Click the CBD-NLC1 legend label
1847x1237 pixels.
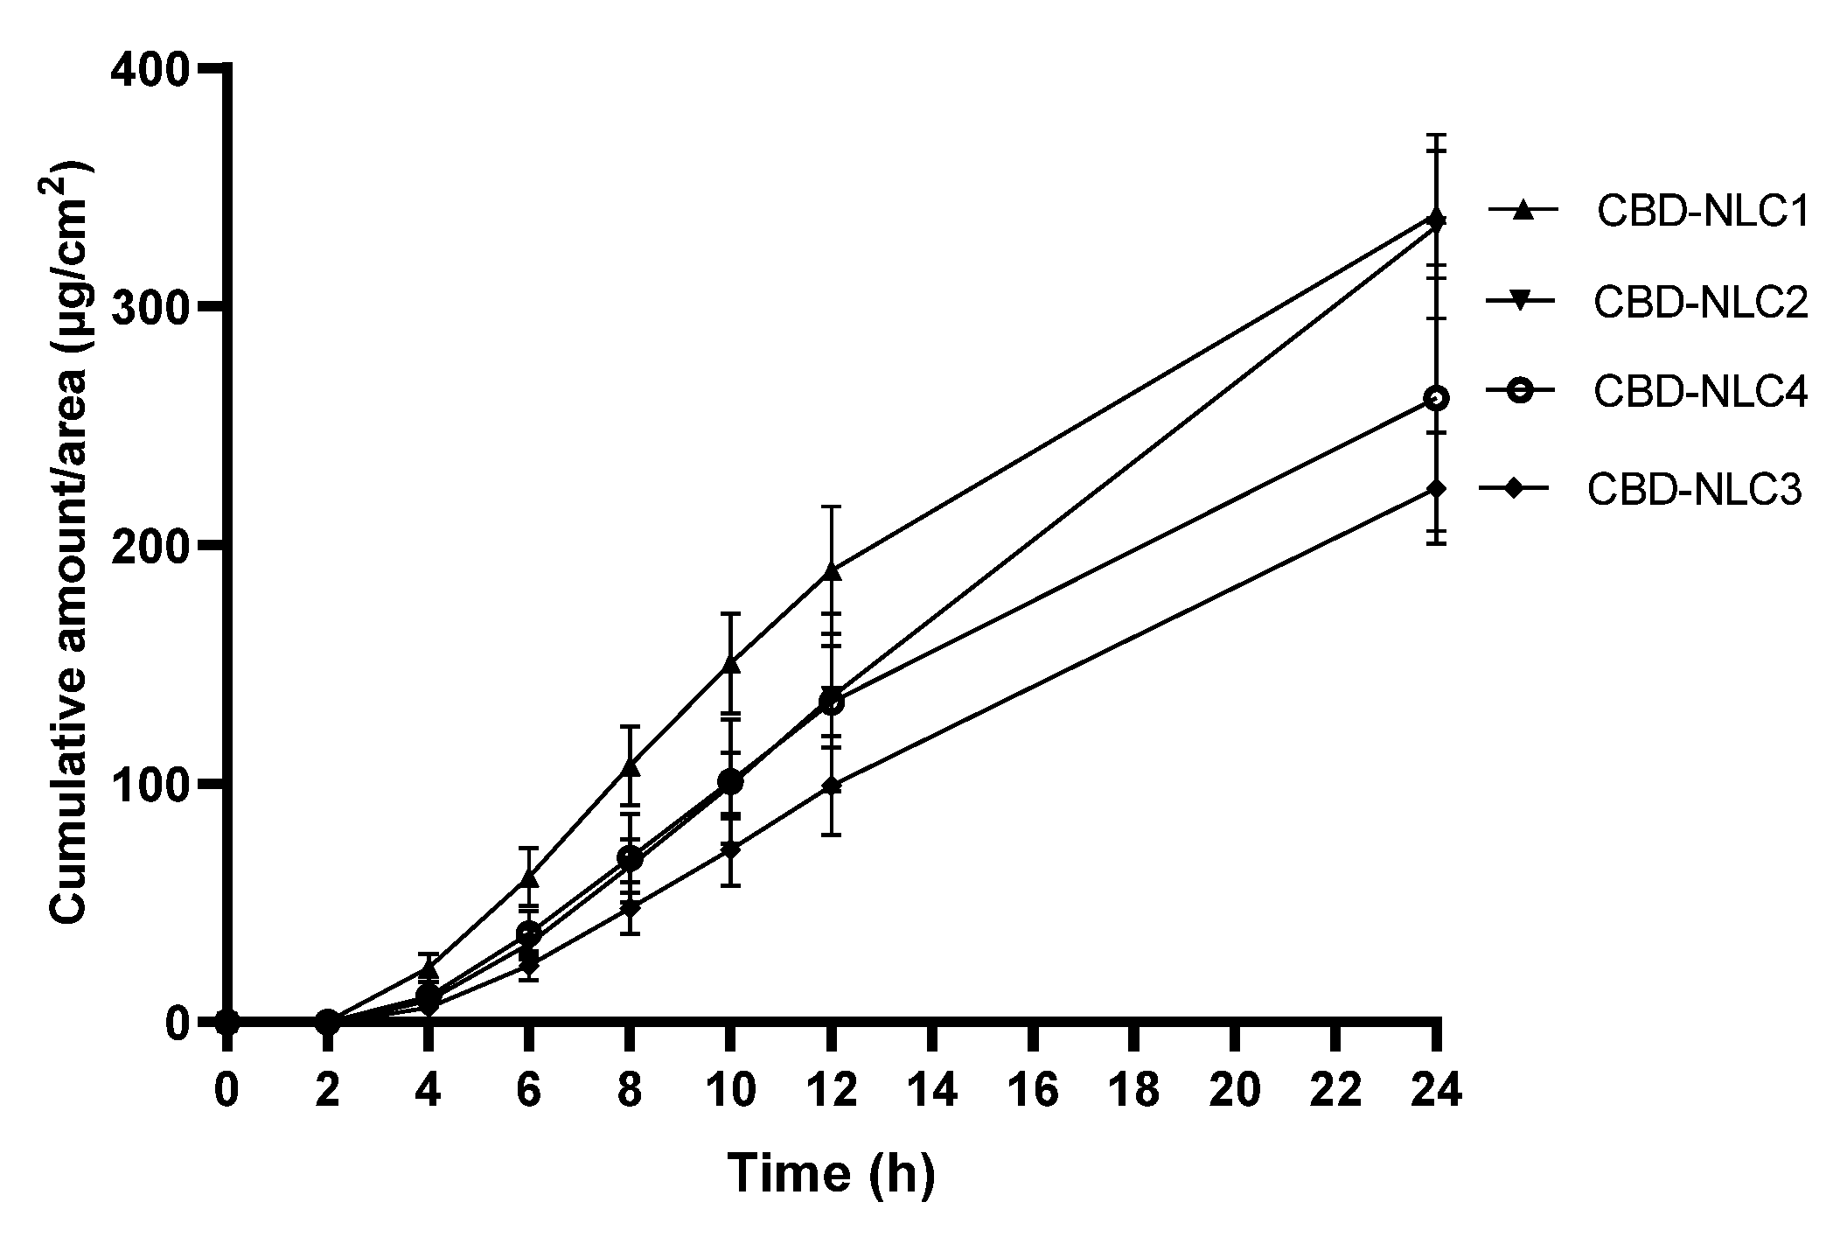coord(1702,212)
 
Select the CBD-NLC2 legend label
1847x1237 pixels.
coord(1700,303)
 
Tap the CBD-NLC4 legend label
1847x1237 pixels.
coord(1700,393)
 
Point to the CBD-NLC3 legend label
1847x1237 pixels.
coord(1694,490)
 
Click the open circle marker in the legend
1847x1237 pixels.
coord(1522,391)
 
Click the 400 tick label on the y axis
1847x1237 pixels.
coord(150,69)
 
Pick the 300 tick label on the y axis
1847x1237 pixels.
coord(150,307)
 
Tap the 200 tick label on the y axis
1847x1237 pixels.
coord(150,545)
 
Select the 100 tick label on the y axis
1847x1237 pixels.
coord(150,784)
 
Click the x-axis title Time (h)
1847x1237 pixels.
coord(831,1172)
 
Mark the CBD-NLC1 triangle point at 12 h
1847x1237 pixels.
coord(832,571)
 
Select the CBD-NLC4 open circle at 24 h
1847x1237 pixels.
coord(1435,398)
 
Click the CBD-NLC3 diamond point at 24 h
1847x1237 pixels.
coord(1435,488)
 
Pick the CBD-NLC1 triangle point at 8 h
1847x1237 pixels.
coord(630,768)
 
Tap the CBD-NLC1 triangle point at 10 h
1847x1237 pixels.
coord(731,664)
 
